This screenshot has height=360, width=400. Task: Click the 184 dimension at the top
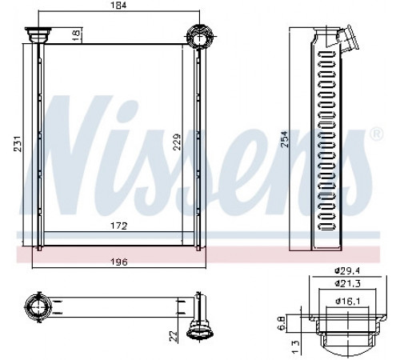pos(118,5)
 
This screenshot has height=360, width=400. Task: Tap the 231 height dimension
pos(17,144)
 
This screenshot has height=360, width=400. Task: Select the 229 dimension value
pos(177,142)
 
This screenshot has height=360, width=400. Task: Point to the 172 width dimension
pos(119,226)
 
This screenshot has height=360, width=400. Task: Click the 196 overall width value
pos(119,262)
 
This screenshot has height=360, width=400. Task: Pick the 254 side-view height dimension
pos(285,138)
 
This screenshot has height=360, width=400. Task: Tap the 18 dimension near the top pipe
pos(76,34)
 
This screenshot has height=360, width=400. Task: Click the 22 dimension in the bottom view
pos(174,336)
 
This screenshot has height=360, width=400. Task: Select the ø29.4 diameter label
pos(348,271)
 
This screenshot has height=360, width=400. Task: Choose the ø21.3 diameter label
pos(348,283)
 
